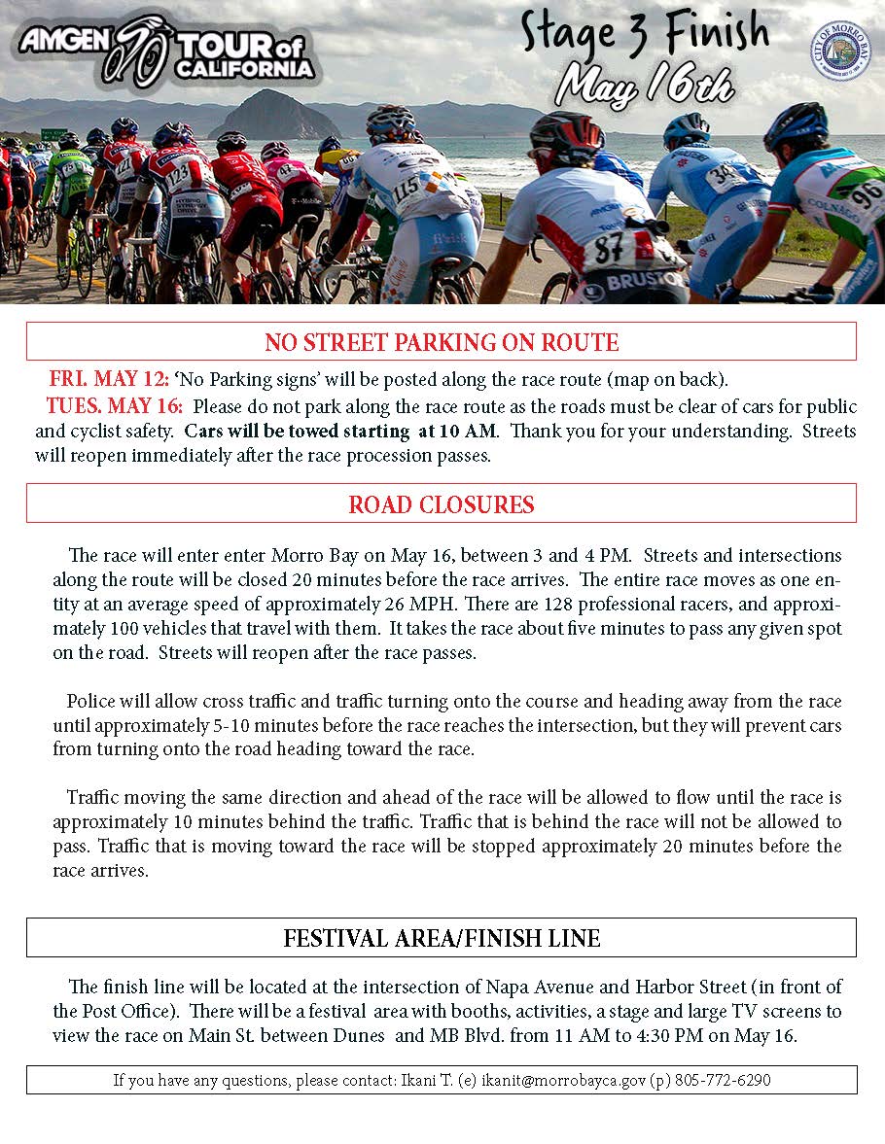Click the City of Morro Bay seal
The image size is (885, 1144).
point(840,52)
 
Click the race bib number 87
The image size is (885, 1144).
point(610,248)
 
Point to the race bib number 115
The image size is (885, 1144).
point(406,185)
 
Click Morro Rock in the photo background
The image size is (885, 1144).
point(274,116)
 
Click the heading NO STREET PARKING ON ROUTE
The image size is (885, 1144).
point(442,342)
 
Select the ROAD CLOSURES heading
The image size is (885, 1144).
point(442,505)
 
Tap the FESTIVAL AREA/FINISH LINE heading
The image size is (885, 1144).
point(442,938)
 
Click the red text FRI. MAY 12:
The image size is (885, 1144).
point(109,379)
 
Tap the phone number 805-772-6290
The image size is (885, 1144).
point(724,1080)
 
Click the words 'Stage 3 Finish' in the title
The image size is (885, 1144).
point(644,35)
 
